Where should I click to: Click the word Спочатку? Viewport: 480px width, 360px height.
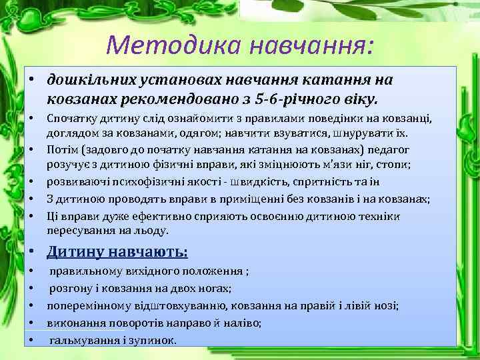coord(71,119)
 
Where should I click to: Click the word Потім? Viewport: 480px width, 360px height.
coord(61,150)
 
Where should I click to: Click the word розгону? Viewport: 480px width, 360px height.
coord(69,289)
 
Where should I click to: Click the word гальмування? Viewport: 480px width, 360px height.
coord(83,340)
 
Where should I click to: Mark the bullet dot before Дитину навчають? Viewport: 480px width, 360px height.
coord(32,253)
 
